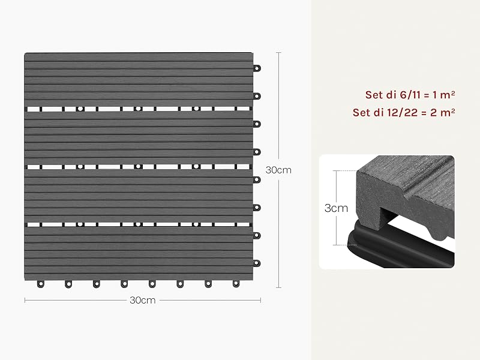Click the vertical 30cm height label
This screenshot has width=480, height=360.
278,170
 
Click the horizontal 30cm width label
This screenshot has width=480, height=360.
143,301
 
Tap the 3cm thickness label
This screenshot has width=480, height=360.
336,208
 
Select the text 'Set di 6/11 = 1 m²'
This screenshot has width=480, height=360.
410,95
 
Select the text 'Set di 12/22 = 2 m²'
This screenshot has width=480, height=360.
403,112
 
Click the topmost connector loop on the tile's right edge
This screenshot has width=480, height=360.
257,68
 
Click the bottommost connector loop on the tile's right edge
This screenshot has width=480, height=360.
257,263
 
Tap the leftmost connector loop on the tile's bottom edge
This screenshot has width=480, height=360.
40,284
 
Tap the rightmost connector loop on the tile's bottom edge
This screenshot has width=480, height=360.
236,284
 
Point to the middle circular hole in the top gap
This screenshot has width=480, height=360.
138,109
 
